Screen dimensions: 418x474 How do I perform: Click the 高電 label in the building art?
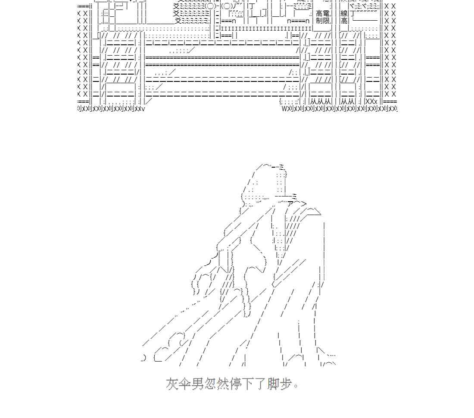tap(323, 14)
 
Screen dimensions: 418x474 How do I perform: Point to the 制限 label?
tap(322, 21)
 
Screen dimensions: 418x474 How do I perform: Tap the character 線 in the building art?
tap(344, 14)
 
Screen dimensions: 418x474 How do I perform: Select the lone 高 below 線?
tap(344, 21)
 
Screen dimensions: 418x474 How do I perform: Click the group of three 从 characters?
tap(319, 101)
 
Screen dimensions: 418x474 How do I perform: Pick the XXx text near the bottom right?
tap(371, 101)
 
